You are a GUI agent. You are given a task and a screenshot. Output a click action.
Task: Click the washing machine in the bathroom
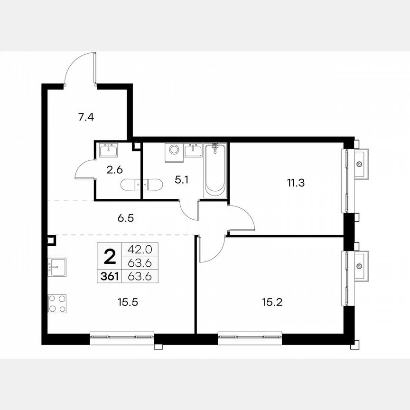pyautogui.click(x=172, y=150)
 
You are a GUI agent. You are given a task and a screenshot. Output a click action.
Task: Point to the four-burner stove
pyautogui.click(x=57, y=304)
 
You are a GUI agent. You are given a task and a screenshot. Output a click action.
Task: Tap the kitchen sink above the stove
pyautogui.click(x=57, y=267)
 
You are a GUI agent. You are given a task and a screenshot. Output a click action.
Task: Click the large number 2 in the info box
pyautogui.click(x=109, y=258)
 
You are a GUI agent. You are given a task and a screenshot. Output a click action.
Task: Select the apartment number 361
pyautogui.click(x=110, y=276)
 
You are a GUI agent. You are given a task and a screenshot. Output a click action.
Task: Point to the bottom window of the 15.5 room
pyautogui.click(x=122, y=337)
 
